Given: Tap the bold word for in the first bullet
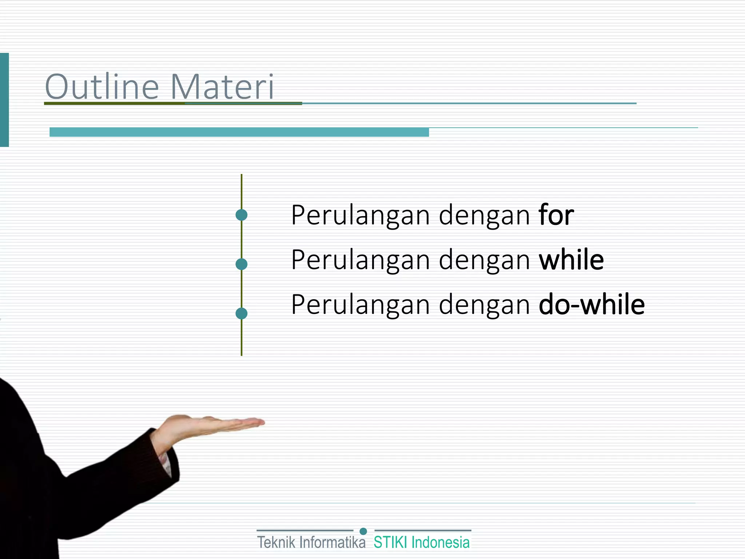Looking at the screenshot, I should click(556, 215).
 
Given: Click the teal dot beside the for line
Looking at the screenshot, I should click(242, 215).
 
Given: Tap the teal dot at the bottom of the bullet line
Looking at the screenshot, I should click(242, 313).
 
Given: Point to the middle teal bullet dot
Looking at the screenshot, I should click(242, 264).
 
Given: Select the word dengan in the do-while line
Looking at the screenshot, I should click(484, 305).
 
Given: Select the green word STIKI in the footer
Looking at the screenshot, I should click(390, 543).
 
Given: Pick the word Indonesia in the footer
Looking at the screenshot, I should click(441, 543).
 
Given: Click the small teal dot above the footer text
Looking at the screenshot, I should click(363, 531).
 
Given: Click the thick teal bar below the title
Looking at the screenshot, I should click(239, 132).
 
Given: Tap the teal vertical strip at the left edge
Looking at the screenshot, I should click(4, 100).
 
